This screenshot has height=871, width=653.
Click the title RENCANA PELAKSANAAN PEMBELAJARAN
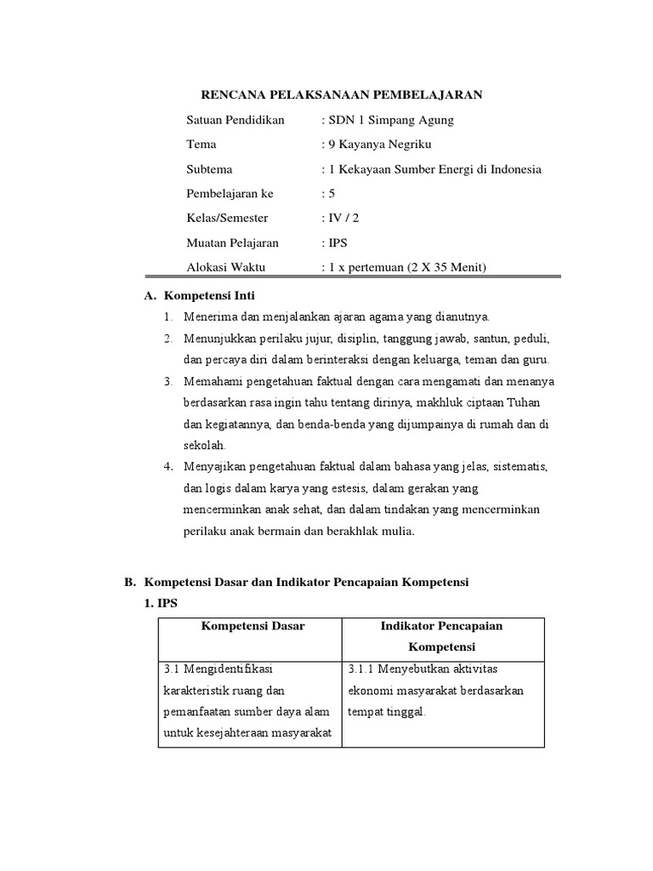coord(340,94)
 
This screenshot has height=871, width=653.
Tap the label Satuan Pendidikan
coord(236,120)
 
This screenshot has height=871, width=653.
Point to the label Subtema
coord(209,169)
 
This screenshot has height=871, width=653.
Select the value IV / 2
coord(339,219)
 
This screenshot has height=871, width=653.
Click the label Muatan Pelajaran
coord(232,243)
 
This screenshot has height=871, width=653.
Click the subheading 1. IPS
coord(161,603)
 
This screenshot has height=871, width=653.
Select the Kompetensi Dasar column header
coord(253,626)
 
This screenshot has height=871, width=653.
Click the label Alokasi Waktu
coord(225,268)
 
